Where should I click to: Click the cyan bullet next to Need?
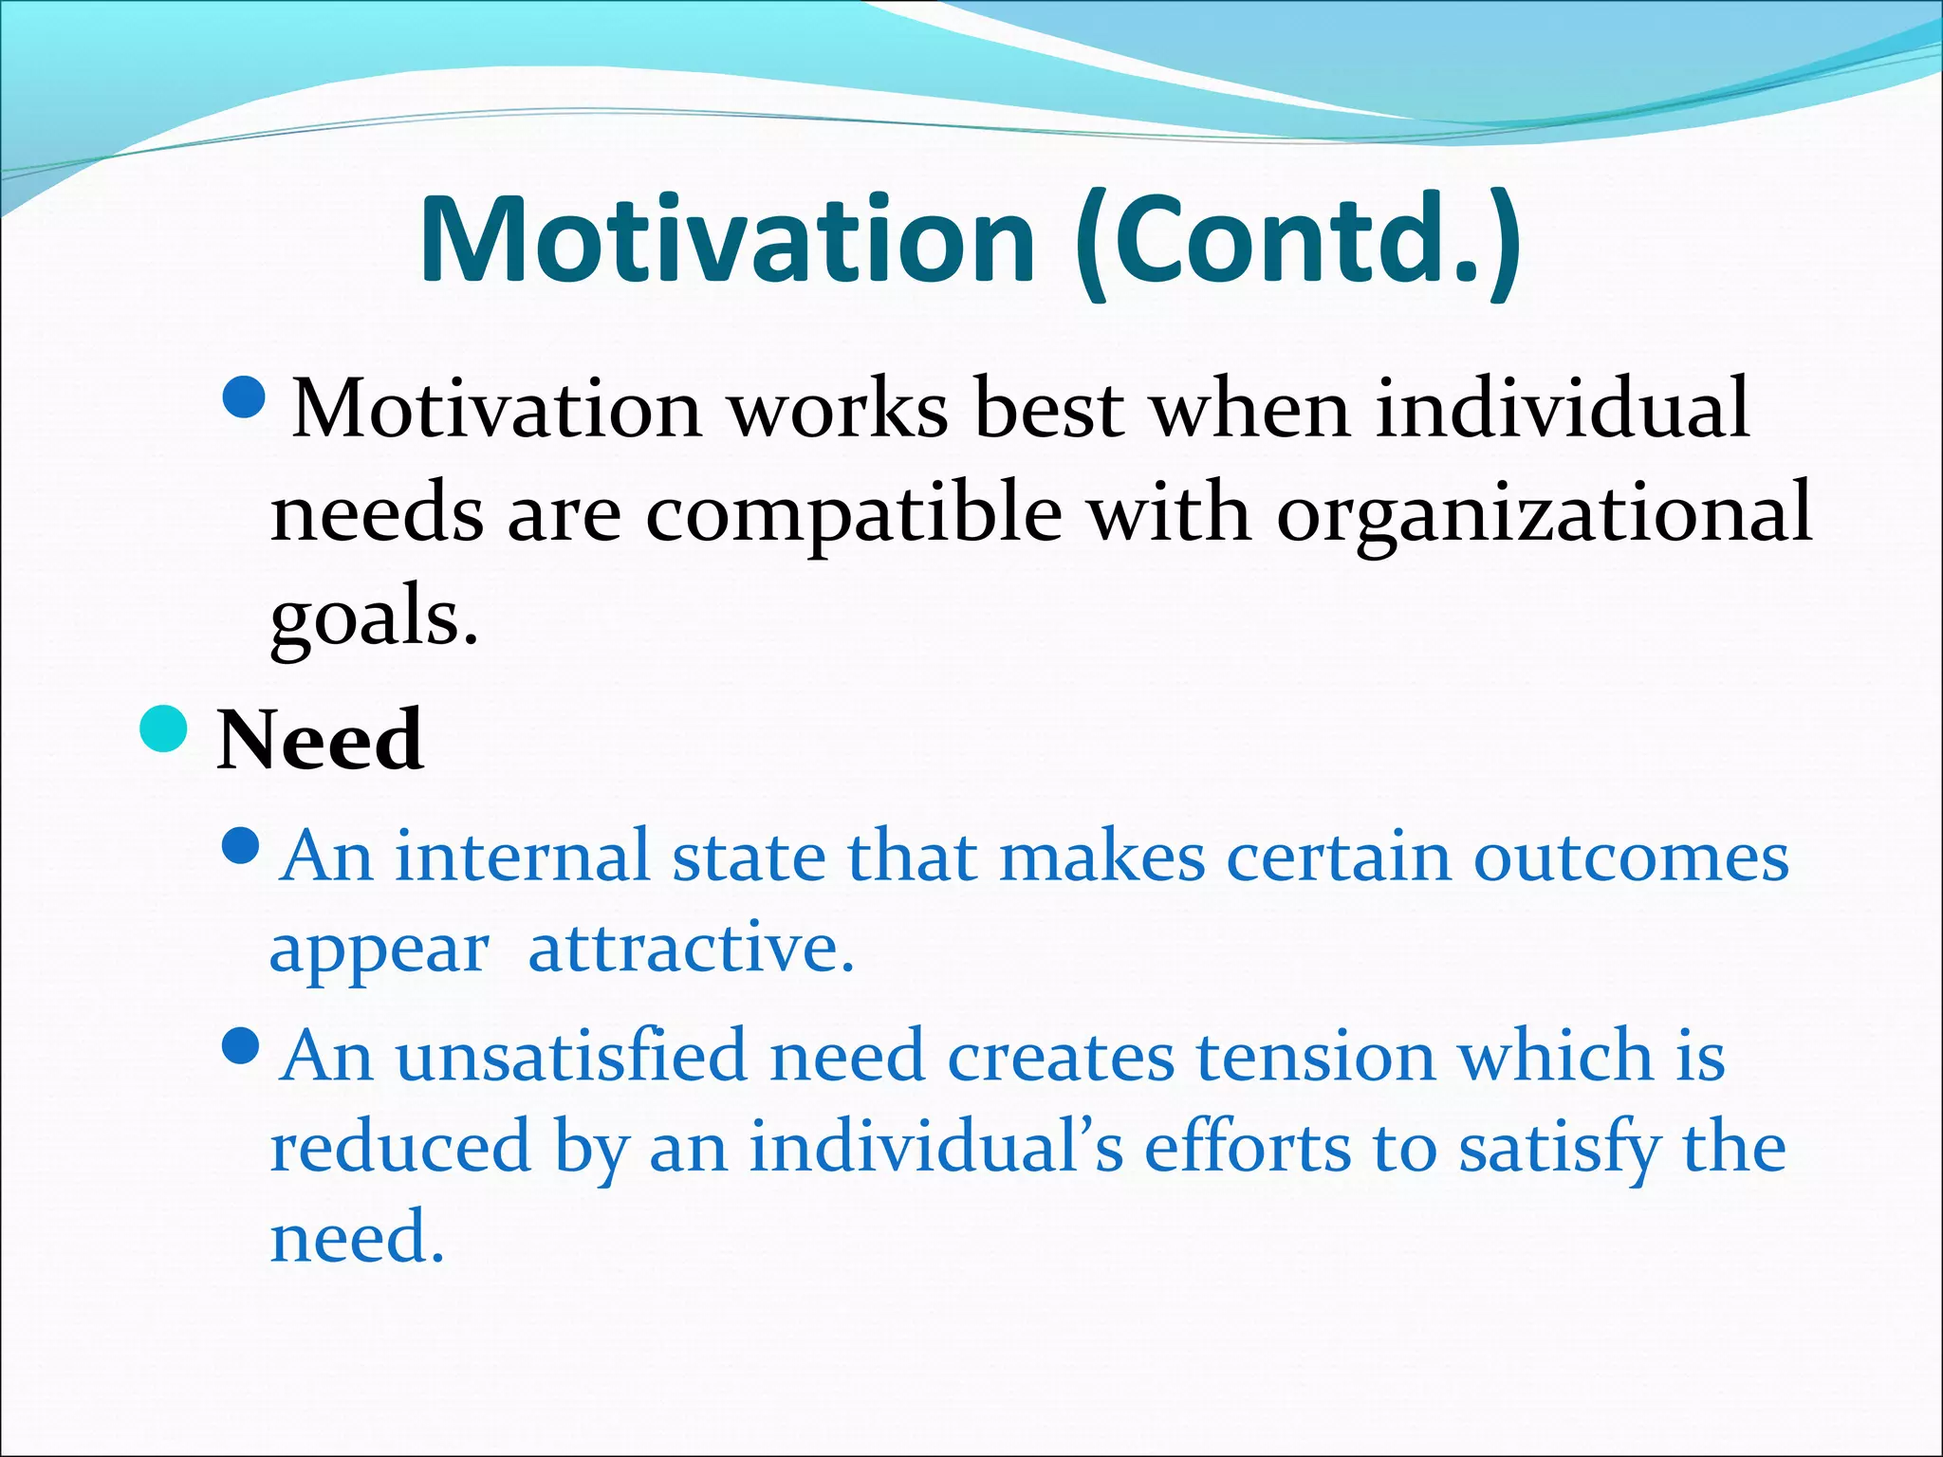(x=163, y=729)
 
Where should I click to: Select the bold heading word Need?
(x=320, y=741)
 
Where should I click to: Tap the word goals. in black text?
(x=374, y=618)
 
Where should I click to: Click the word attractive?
(x=691, y=950)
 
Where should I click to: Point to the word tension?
(x=1314, y=1057)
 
